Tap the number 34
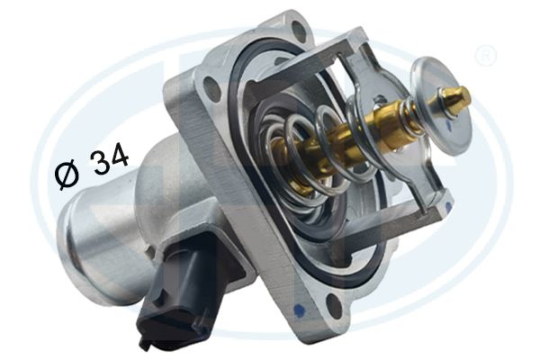coord(109,160)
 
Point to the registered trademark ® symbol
coord(485,56)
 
